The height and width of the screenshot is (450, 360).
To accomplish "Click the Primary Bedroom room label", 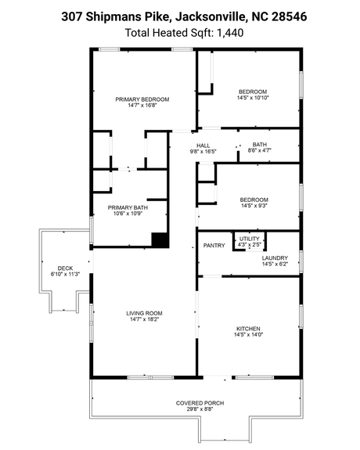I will [x=142, y=99].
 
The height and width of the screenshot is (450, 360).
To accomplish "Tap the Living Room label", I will [x=142, y=314].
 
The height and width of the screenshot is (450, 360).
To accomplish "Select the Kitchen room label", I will [x=248, y=328].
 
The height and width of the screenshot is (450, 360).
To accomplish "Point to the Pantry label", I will [x=214, y=246].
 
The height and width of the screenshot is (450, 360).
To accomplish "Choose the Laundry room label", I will [x=274, y=257].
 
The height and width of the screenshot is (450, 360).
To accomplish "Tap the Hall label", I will [x=203, y=145].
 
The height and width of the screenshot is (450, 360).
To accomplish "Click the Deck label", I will [x=65, y=268].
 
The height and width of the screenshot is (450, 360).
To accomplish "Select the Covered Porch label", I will [x=200, y=403].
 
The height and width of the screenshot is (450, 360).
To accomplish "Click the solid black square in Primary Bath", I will [x=160, y=240].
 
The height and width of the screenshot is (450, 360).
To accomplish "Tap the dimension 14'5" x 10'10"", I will [x=253, y=98].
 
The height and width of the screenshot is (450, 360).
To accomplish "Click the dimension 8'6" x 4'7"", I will [x=260, y=150].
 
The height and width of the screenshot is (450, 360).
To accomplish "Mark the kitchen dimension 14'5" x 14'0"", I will [x=248, y=335].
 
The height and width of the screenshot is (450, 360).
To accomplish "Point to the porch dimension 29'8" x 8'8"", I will [x=200, y=409].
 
